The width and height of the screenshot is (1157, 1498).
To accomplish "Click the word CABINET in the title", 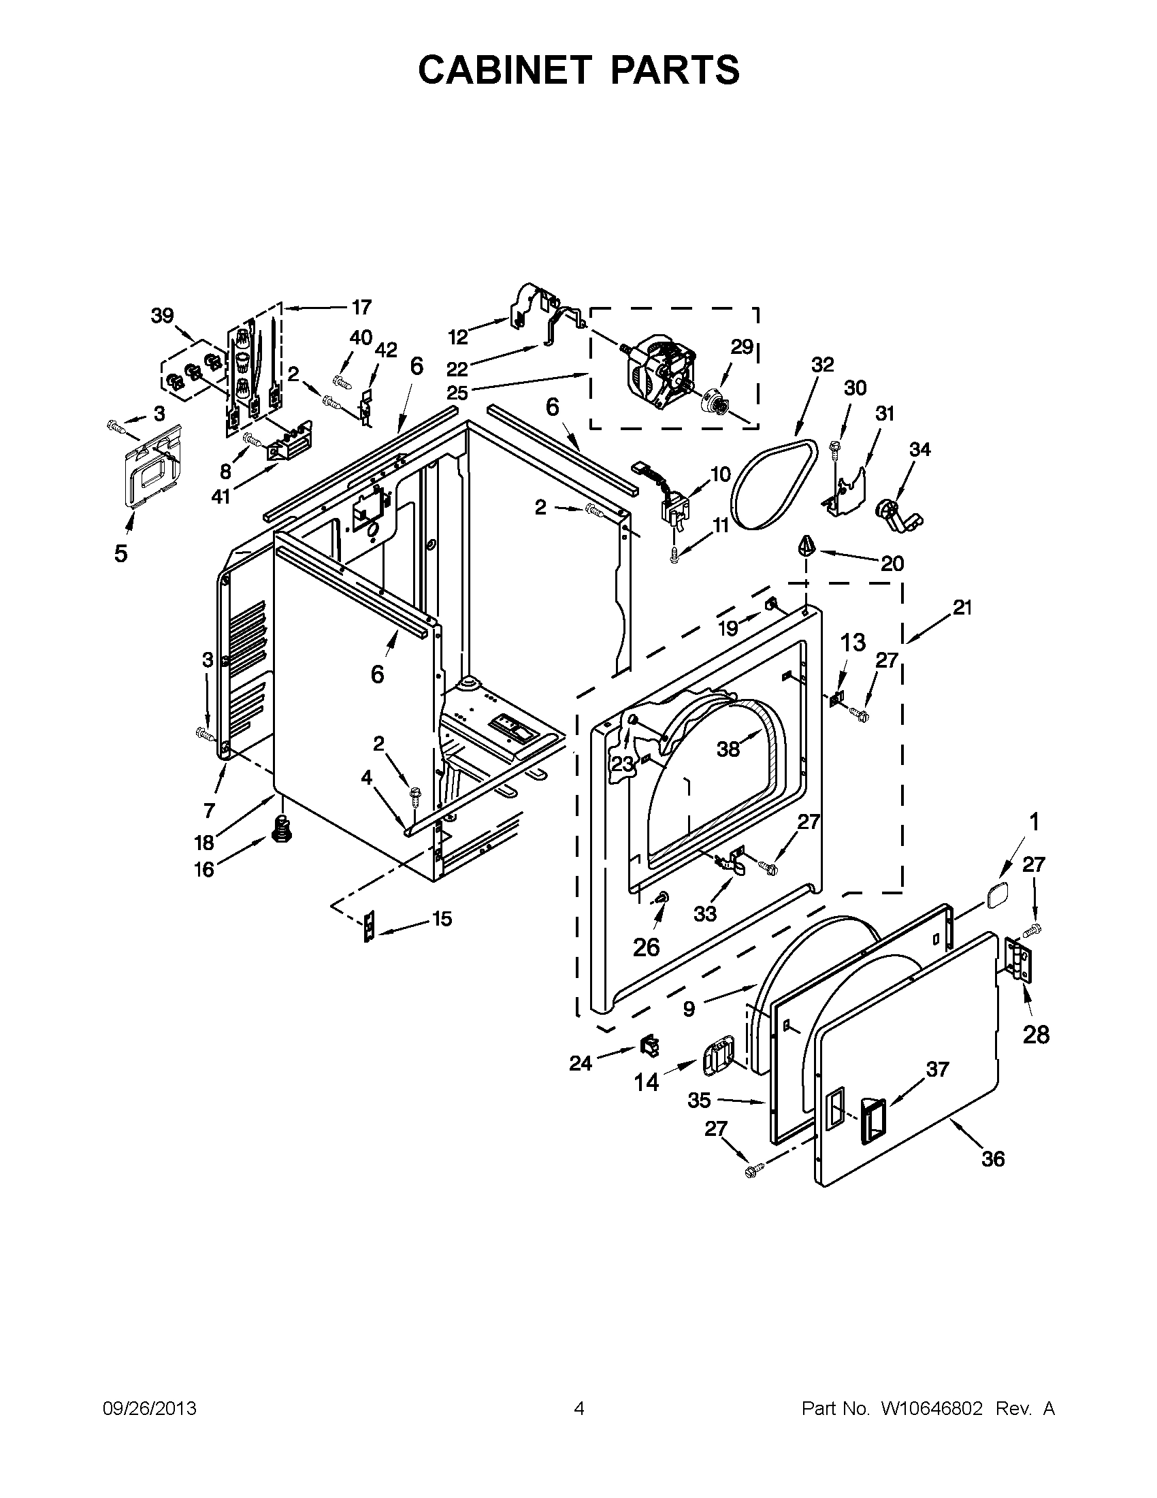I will tap(504, 70).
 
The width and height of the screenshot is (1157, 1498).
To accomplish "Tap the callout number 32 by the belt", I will tap(822, 365).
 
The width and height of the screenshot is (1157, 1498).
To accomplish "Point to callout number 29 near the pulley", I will tap(741, 346).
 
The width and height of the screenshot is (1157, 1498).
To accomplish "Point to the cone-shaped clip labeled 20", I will tap(807, 547).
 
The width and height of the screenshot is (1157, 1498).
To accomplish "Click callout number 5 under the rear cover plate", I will tap(120, 553).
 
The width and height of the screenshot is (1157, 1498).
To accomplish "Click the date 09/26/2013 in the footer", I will tap(150, 1409).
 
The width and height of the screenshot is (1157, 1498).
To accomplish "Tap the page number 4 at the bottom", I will tap(579, 1409).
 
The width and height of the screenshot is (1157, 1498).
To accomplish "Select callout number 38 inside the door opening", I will tap(728, 749).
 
